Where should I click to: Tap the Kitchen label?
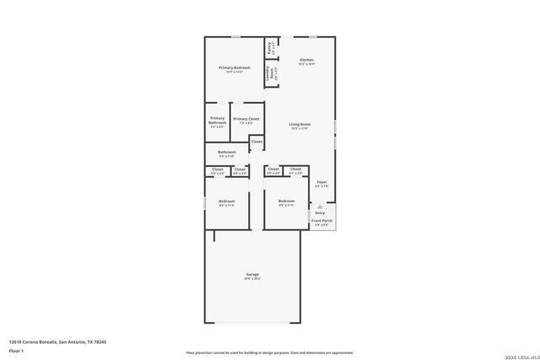tap(307, 61)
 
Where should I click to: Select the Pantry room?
tap(270, 48)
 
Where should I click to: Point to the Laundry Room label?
tap(272, 74)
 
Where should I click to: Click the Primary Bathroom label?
tap(217, 121)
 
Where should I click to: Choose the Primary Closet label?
tap(246, 120)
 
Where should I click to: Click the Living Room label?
tap(300, 126)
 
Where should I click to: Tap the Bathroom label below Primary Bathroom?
tap(227, 153)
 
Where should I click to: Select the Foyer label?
tap(321, 184)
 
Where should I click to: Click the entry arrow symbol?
tap(320, 205)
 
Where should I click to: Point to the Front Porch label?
tap(321, 222)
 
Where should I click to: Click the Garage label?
tap(252, 276)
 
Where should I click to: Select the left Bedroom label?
tap(227, 201)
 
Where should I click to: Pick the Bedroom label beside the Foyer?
tap(286, 201)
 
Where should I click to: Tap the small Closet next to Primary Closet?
tap(256, 142)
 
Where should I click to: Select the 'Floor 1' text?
tap(15, 349)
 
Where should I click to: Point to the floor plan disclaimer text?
tap(269, 353)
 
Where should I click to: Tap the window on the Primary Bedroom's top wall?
tap(235, 36)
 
